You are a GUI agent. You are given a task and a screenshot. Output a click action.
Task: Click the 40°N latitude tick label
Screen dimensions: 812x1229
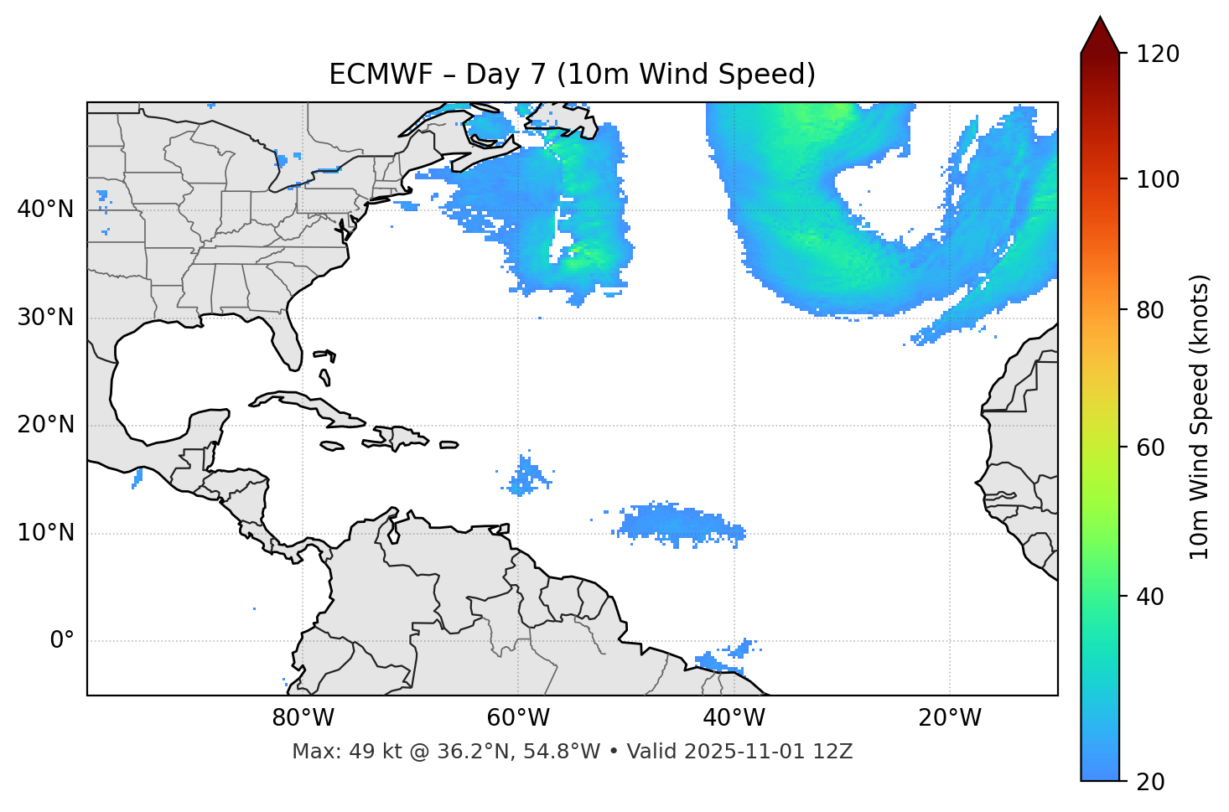(x=45, y=209)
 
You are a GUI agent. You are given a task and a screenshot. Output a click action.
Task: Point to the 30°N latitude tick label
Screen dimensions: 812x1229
(x=45, y=318)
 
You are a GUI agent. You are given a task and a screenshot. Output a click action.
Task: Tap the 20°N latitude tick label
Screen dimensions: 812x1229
(x=45, y=425)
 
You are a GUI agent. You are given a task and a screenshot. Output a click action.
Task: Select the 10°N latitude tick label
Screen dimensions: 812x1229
(x=45, y=533)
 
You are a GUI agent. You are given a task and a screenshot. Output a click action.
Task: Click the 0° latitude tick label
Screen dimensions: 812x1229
(x=62, y=641)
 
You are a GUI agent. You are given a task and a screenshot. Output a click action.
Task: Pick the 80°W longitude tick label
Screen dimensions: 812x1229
(x=303, y=718)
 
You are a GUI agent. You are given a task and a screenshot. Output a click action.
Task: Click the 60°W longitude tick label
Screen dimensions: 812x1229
(x=518, y=718)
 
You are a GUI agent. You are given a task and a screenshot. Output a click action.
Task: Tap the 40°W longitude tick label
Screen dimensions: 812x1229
(x=734, y=718)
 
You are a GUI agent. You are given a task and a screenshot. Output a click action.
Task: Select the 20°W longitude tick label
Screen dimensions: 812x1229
(x=950, y=718)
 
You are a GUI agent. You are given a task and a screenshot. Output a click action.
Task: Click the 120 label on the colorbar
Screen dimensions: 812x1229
(x=1158, y=54)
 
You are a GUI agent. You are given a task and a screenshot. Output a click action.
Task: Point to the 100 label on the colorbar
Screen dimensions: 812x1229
(x=1158, y=179)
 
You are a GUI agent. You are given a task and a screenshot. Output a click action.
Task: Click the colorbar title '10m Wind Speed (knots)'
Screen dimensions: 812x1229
(x=1200, y=417)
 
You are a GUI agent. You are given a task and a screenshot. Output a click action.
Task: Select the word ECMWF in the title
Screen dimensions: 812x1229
(x=382, y=75)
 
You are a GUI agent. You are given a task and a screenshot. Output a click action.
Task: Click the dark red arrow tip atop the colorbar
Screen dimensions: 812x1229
(x=1100, y=34)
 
